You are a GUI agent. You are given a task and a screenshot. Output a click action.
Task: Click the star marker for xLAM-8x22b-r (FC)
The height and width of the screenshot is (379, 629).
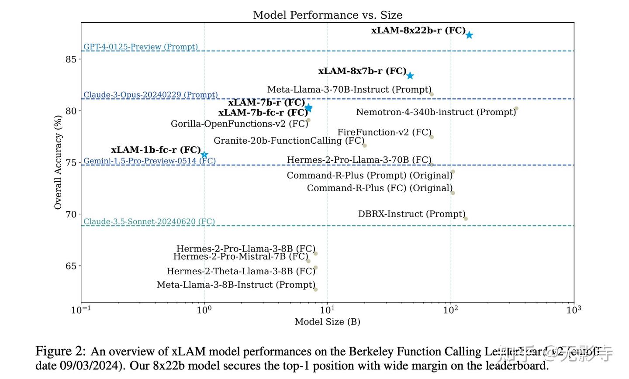469,35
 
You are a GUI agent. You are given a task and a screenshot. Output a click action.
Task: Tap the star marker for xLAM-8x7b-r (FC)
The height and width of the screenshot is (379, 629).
410,76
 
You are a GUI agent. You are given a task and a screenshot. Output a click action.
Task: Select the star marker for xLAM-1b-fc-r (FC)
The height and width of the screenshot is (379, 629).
204,155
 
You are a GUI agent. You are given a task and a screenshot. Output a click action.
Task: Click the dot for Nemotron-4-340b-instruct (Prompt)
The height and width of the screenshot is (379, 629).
516,108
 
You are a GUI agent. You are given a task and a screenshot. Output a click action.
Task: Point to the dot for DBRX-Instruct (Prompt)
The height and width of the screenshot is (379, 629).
465,219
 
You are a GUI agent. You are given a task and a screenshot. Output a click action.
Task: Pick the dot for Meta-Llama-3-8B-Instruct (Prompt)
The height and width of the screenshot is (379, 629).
315,289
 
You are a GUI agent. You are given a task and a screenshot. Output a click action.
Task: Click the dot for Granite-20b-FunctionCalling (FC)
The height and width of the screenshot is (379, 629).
365,145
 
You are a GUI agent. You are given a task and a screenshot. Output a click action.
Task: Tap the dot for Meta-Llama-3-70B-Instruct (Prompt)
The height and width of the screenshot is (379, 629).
432,94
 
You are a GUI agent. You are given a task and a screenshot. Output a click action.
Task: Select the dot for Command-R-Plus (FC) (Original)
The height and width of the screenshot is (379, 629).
453,193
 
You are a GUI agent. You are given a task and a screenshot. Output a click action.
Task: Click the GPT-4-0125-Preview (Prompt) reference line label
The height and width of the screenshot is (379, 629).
141,47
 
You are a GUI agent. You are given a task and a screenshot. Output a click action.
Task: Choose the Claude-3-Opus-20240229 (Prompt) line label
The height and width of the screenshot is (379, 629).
151,95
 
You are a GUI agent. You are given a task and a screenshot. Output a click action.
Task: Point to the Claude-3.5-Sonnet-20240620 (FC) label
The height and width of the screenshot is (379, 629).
149,221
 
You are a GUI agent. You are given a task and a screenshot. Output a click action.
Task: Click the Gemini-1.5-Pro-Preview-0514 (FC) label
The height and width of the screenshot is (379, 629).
150,161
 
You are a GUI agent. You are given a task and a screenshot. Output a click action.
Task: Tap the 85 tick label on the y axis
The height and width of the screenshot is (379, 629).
71,59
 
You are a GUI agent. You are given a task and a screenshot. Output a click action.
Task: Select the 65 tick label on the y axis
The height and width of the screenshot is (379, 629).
71,266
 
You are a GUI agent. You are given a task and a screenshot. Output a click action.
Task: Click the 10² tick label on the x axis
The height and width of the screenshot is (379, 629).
451,310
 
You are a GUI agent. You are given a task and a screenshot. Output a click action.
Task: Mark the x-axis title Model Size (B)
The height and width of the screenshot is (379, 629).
327,322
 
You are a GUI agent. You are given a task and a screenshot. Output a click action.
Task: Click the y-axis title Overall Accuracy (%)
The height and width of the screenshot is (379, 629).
58,162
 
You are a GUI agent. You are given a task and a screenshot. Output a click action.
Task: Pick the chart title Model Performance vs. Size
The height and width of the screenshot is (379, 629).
328,15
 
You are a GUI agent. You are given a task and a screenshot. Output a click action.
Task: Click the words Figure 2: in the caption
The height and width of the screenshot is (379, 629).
61,351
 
